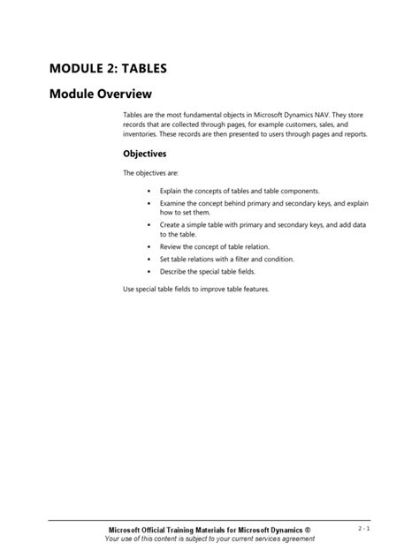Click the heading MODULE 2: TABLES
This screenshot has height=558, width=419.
108,67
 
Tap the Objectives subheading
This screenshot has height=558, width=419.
144,153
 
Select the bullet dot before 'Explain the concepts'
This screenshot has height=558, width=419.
148,191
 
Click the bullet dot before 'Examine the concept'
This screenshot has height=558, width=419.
148,203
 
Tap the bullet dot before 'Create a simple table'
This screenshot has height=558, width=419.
148,225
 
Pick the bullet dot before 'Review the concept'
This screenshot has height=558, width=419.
148,247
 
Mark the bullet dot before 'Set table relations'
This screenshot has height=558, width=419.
148,260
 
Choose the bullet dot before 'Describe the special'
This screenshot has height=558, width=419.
148,272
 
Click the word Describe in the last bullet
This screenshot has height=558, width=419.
175,272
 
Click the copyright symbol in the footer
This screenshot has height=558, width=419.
307,530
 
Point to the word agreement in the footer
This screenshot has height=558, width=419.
293,539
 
